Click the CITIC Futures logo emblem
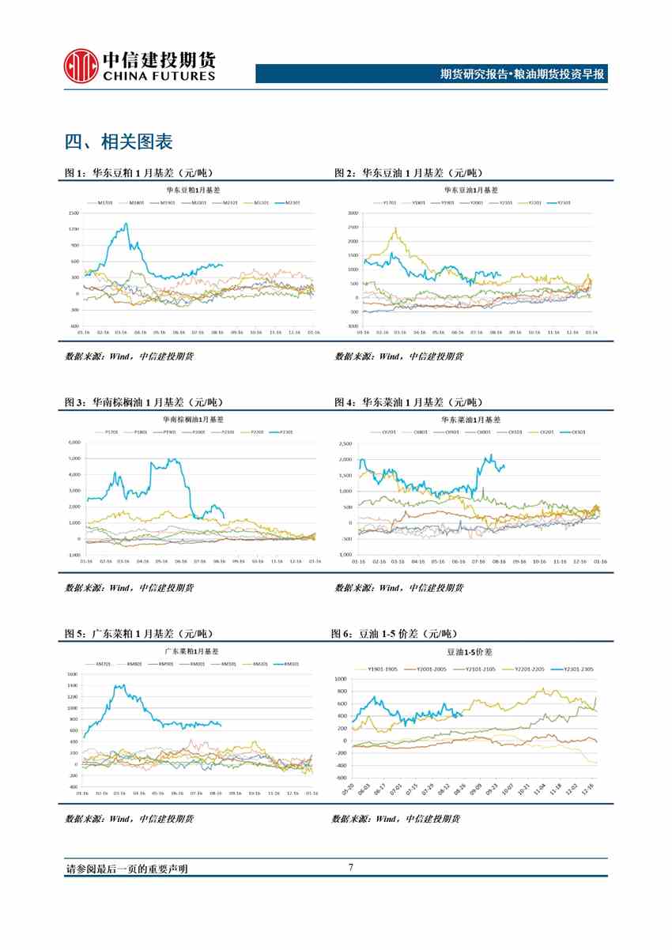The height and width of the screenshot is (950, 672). [x=81, y=66]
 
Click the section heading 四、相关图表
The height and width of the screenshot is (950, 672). [x=119, y=142]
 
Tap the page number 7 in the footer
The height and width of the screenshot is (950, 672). [x=350, y=868]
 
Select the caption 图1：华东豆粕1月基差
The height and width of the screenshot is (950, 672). [x=138, y=173]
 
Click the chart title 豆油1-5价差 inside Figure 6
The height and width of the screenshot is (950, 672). [x=469, y=652]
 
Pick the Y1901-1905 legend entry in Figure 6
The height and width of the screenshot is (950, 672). [x=381, y=669]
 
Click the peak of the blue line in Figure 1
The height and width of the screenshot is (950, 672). [x=125, y=224]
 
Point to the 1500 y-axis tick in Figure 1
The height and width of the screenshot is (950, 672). [x=73, y=213]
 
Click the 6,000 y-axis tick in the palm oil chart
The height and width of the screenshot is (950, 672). [x=75, y=442]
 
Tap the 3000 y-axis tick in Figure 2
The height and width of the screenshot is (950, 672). [x=353, y=213]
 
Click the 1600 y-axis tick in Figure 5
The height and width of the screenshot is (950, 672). [x=72, y=674]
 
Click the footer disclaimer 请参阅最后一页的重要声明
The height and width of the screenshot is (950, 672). [x=126, y=869]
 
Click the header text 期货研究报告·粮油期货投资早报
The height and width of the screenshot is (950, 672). [x=522, y=74]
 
